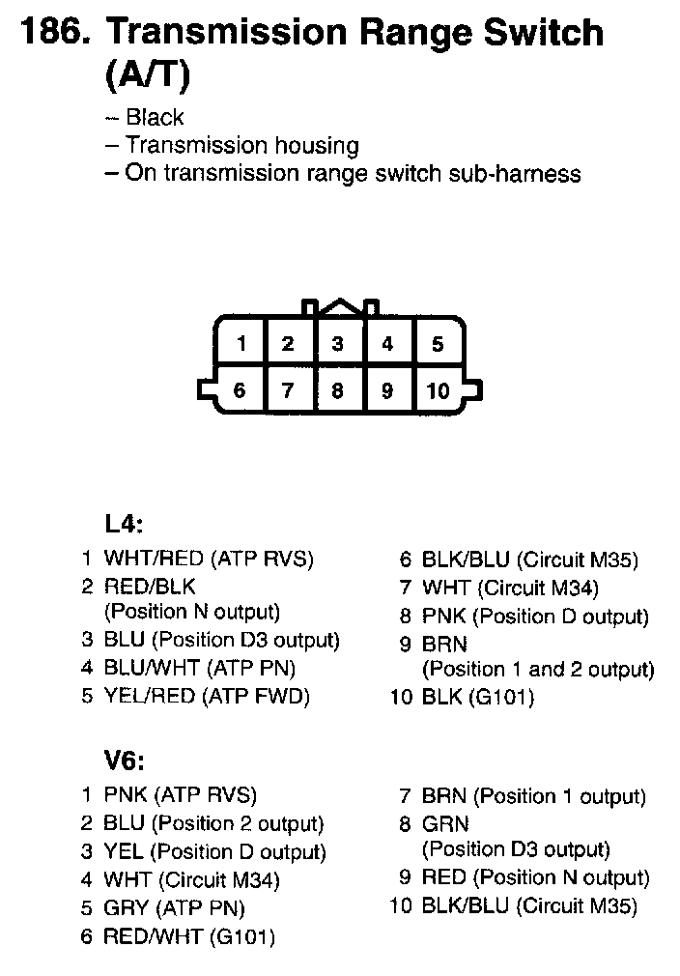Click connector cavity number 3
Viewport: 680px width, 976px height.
tap(337, 343)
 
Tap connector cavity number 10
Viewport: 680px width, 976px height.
tap(438, 391)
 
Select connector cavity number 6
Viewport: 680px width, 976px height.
tap(240, 391)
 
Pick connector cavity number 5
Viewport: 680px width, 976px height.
tap(438, 343)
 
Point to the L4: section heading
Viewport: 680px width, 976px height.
tap(124, 524)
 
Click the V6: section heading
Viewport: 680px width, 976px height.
tap(124, 761)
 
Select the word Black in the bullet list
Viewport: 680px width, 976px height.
tap(155, 118)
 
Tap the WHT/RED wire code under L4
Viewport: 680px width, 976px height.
tap(154, 559)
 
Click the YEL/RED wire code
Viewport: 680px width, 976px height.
tap(150, 696)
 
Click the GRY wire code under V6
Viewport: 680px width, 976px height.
tap(126, 908)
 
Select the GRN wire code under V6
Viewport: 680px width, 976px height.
tap(445, 824)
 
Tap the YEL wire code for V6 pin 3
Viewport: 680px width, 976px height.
tap(124, 852)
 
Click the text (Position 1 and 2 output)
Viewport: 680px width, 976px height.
tap(538, 669)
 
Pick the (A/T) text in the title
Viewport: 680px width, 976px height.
tap(146, 74)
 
